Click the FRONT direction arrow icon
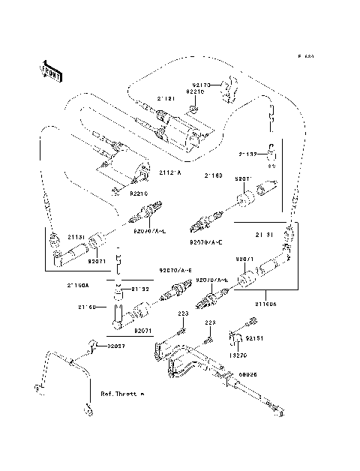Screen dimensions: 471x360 tap(47, 70)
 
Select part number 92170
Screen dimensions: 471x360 tap(205, 86)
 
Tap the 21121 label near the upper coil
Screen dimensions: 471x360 tap(166, 97)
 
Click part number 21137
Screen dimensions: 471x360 tap(248, 153)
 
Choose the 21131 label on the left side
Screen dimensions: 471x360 tap(75, 235)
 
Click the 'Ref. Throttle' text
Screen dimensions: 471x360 tap(121, 392)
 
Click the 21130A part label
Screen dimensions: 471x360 tap(77, 286)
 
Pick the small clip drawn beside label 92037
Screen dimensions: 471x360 tap(95, 345)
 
